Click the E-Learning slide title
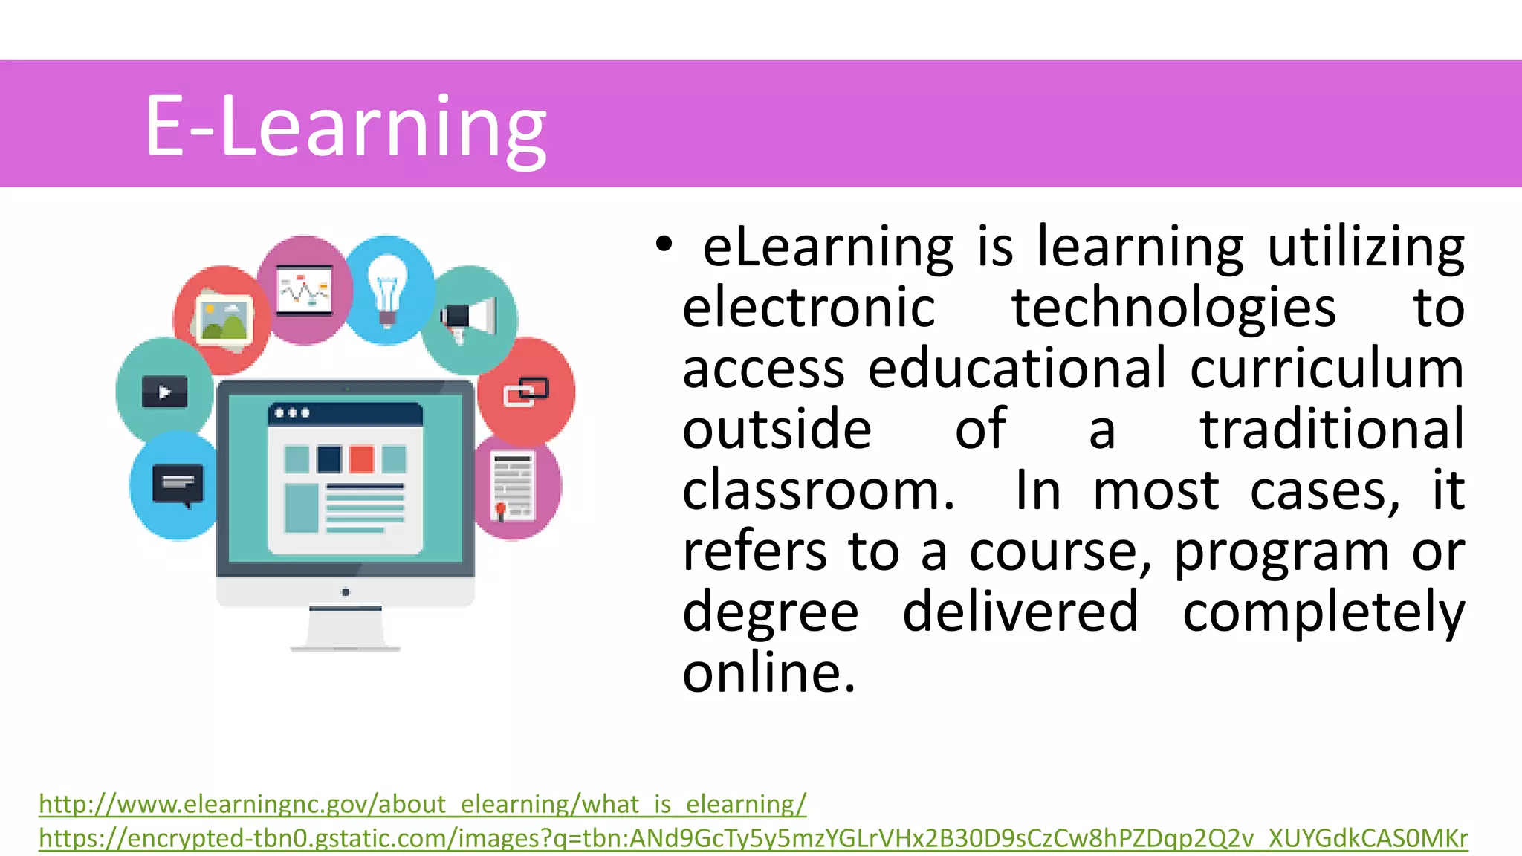[x=346, y=126]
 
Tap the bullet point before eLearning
[x=663, y=244]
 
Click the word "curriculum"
[x=1327, y=369]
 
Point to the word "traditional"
[x=1332, y=429]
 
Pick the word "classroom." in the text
[x=818, y=490]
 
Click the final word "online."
[x=769, y=672]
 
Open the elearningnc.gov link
[x=422, y=804]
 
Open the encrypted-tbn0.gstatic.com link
[x=753, y=838]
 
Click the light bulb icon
[x=387, y=291]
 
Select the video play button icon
[x=165, y=392]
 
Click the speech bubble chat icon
[x=177, y=485]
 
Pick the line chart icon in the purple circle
[x=304, y=290]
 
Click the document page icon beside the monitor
[x=513, y=486]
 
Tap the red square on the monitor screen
[x=362, y=458]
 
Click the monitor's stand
[x=346, y=629]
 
